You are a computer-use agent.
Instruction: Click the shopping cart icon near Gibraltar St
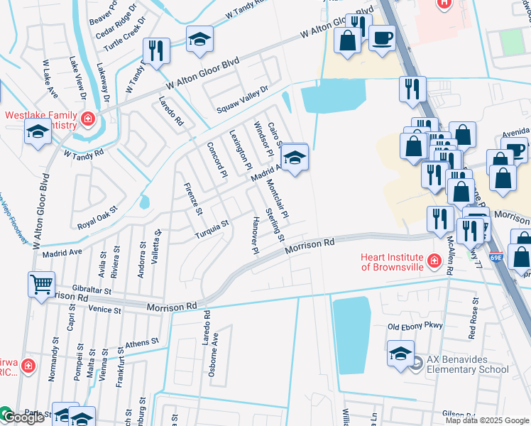pos(41,284)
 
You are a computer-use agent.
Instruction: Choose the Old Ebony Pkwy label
pos(415,327)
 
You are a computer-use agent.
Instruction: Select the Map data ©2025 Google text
pos(486,420)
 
